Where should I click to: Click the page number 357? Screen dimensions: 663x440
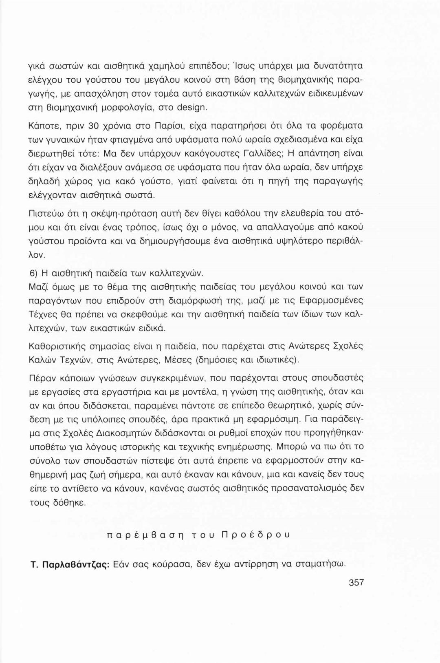(356, 582)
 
